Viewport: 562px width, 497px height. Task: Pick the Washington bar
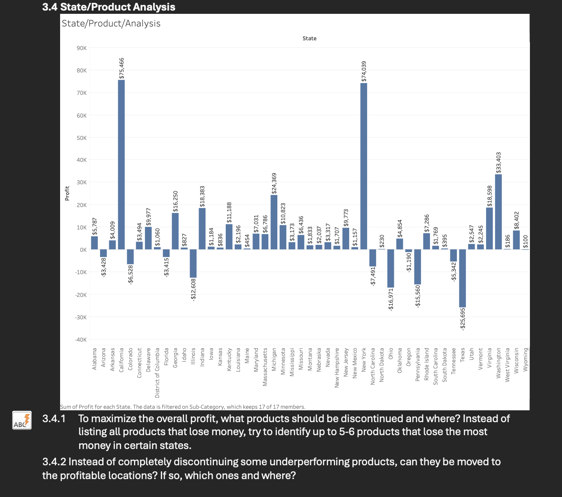coord(499,211)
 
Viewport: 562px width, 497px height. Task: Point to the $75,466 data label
coord(121,68)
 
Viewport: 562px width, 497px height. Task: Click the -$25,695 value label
coord(463,318)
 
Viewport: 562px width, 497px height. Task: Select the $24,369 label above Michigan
coord(274,183)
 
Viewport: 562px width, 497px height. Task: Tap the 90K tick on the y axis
coord(82,48)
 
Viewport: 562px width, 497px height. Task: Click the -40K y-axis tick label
coord(81,340)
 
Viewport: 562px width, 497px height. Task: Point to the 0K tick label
coord(83,250)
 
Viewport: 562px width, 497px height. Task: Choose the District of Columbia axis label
coord(157,372)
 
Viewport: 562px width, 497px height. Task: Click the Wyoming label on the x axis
coord(526,359)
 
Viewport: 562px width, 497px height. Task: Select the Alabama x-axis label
coord(95,358)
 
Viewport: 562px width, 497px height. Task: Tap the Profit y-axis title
coord(67,193)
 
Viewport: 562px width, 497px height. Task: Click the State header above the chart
coord(309,38)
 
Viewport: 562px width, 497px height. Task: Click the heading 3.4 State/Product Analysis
coord(109,7)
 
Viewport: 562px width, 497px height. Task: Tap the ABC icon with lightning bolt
coord(22,420)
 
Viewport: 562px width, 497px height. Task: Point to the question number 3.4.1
coord(54,419)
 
